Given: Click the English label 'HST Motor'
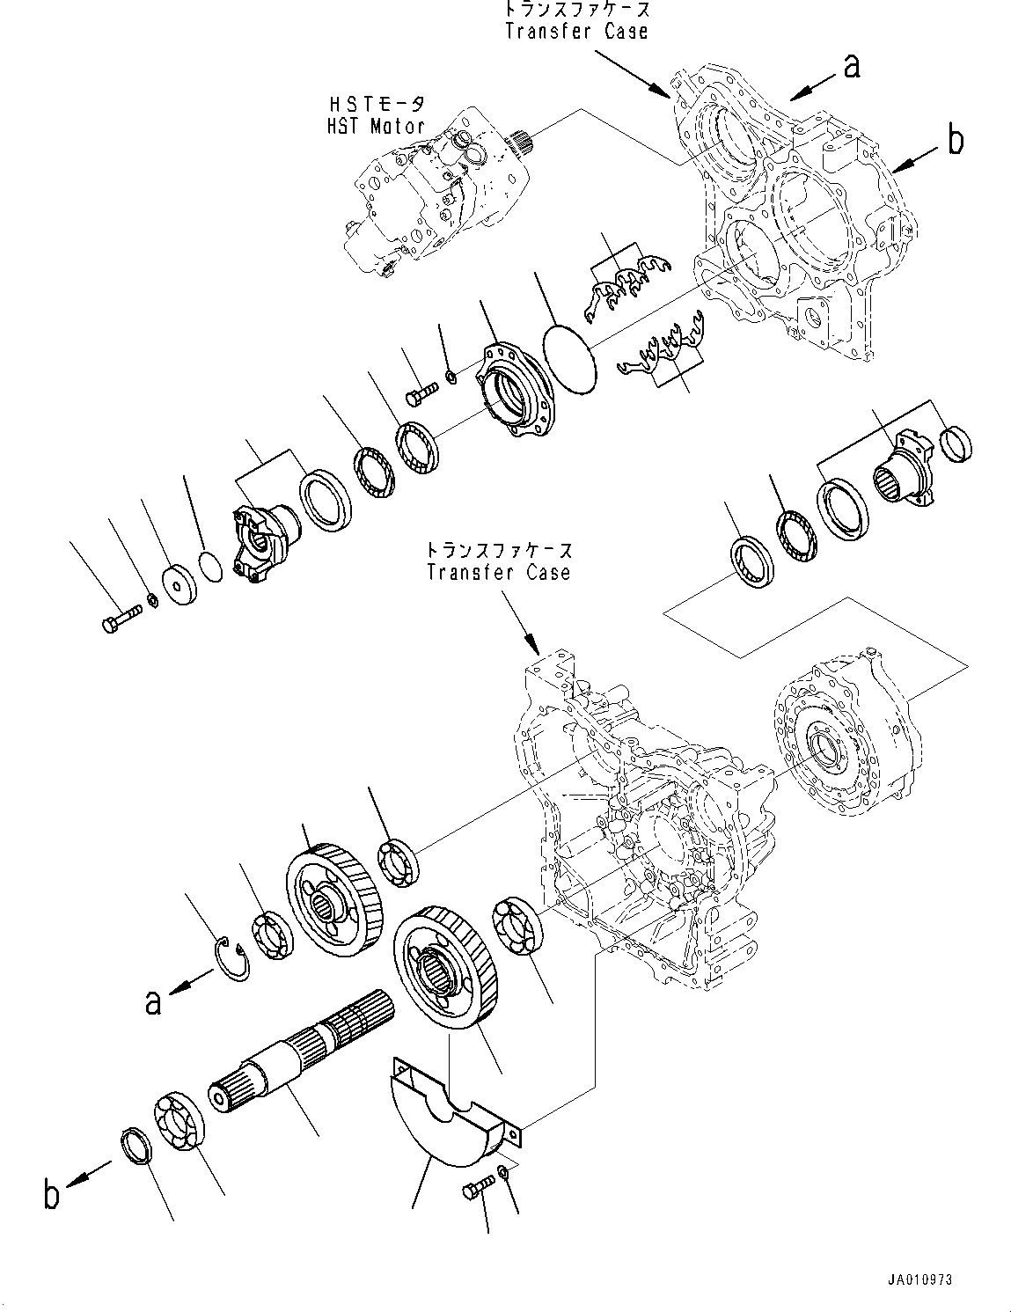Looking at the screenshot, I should (x=374, y=127).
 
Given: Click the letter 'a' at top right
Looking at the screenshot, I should (x=851, y=66).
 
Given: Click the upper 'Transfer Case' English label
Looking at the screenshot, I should (x=576, y=31).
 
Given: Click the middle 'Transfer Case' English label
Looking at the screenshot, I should (x=498, y=572).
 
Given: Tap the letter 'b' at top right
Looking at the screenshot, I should (x=956, y=141).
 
